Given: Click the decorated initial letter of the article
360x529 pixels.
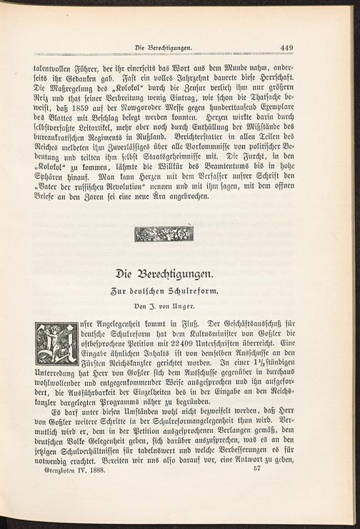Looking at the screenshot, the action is tap(56, 344).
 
